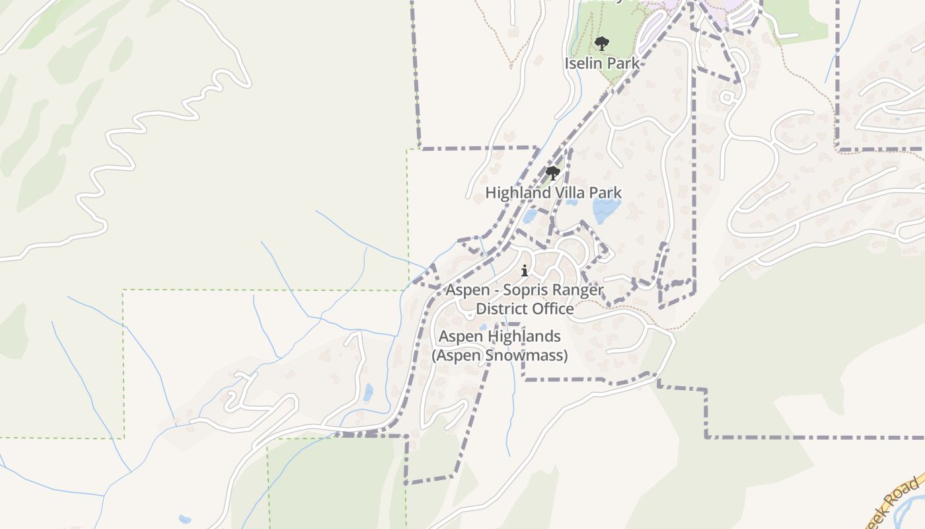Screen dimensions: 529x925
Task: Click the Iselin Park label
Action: pyautogui.click(x=601, y=63)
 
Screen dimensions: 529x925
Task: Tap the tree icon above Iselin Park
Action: pyautogui.click(x=601, y=44)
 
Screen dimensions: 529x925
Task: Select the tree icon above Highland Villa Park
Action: pyautogui.click(x=553, y=173)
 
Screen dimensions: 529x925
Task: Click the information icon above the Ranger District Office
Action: pyautogui.click(x=525, y=270)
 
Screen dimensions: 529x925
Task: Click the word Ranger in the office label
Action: pyautogui.click(x=579, y=290)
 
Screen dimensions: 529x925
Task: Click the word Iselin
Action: pyautogui.click(x=583, y=63)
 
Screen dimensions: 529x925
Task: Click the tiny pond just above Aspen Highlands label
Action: pyautogui.click(x=484, y=327)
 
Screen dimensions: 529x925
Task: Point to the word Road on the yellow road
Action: pyautogui.click(x=897, y=501)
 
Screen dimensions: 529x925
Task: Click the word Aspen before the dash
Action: pyautogui.click(x=467, y=290)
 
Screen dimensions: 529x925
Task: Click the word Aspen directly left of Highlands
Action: pyautogui.click(x=462, y=337)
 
